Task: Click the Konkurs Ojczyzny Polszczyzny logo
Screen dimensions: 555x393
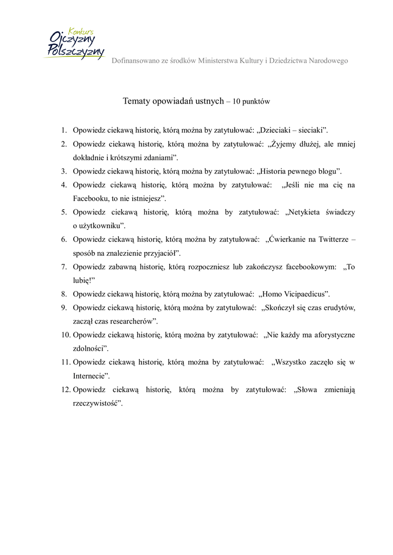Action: pos(74,44)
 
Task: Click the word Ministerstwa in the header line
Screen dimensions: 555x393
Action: pos(218,61)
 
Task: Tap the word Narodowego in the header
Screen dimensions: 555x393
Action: pos(328,61)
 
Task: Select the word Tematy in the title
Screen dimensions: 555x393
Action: pos(137,101)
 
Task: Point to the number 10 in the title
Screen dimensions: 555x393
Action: pos(236,101)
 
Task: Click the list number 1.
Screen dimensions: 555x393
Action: pos(63,130)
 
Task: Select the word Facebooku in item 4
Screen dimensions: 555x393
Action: pos(91,199)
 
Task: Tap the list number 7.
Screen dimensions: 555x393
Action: pos(63,267)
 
